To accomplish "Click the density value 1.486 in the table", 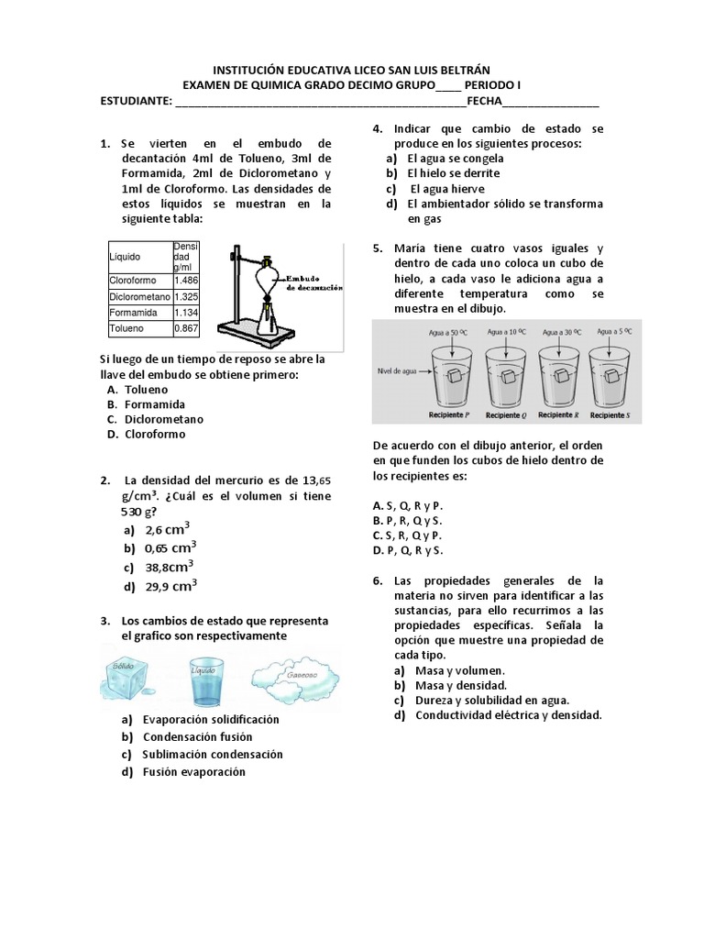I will click(x=186, y=281).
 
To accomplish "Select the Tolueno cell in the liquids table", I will click(x=127, y=327).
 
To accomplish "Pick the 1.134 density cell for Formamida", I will click(x=186, y=313).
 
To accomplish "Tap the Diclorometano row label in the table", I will click(x=138, y=297).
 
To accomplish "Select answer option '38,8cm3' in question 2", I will click(x=166, y=567).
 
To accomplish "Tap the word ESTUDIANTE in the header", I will click(x=136, y=101).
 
